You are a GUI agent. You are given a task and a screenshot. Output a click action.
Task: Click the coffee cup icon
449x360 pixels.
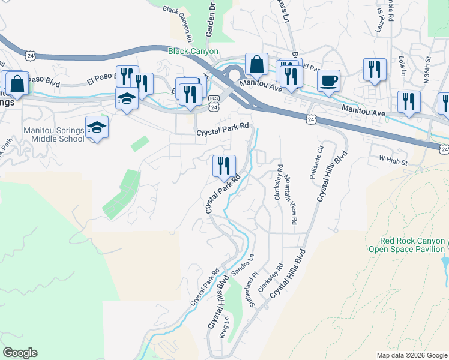coord(328,81)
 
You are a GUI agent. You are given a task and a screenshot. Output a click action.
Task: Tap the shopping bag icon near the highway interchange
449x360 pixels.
coord(256,64)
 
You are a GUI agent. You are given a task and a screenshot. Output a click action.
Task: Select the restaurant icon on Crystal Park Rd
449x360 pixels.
coord(224,166)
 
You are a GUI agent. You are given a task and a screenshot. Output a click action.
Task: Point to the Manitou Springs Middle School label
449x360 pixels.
coord(46,134)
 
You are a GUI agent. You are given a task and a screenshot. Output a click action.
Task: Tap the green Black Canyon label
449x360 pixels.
coord(193,52)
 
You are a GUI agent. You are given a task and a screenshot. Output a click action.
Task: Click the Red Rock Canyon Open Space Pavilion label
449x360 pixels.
coord(406,244)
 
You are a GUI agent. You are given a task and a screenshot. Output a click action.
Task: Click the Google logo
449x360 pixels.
coord(20,353)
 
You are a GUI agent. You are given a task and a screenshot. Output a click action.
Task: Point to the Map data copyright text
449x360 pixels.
coord(411,355)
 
